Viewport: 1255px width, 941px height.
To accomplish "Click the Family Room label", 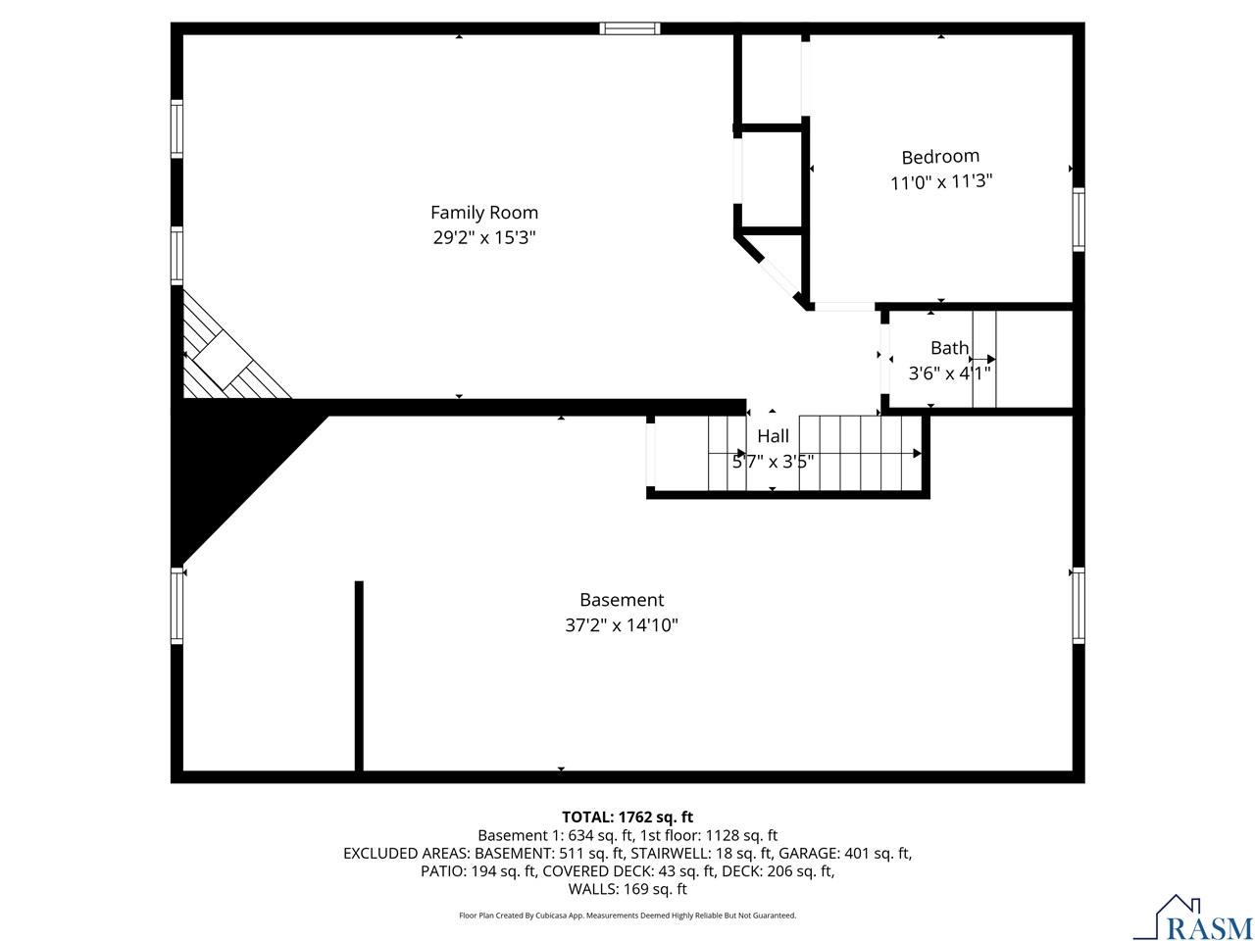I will point(484,212).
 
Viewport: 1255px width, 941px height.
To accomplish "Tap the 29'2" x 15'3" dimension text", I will point(484,237).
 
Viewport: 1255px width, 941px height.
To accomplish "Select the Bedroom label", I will point(940,157).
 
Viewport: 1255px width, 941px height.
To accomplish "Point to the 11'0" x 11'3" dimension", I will point(940,182).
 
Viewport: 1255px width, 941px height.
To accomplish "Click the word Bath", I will point(949,348).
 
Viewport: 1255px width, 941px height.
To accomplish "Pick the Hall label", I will point(773,437).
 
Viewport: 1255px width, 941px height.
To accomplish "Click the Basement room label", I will point(622,600).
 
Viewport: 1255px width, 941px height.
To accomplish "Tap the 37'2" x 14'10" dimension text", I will point(622,625).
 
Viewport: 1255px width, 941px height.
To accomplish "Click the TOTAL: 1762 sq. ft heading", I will point(627,817).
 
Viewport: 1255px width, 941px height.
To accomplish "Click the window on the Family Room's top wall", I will point(629,28).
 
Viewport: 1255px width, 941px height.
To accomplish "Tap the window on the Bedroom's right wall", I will point(1079,219).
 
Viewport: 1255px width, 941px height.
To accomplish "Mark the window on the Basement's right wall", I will point(1079,605).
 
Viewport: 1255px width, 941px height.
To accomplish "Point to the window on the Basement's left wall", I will point(177,606).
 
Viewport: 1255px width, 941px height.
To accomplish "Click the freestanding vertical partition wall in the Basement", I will point(359,676).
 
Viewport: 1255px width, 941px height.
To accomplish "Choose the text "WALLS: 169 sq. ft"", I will point(627,890).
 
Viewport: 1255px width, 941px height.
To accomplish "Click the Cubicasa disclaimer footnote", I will point(627,916).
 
